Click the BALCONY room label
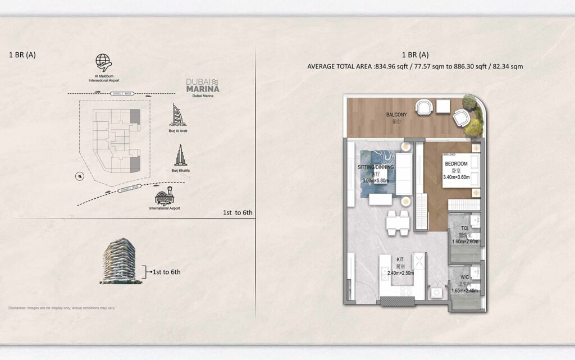pos(396,115)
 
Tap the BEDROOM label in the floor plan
pos(456,163)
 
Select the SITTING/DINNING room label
pos(376,167)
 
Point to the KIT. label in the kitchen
pos(400,260)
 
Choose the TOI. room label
pos(464,229)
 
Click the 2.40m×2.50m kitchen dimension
pos(400,273)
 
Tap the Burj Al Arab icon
pos(178,115)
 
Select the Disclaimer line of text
pos(62,308)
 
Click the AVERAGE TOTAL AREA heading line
pos(415,66)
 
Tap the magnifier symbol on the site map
pos(80,176)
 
